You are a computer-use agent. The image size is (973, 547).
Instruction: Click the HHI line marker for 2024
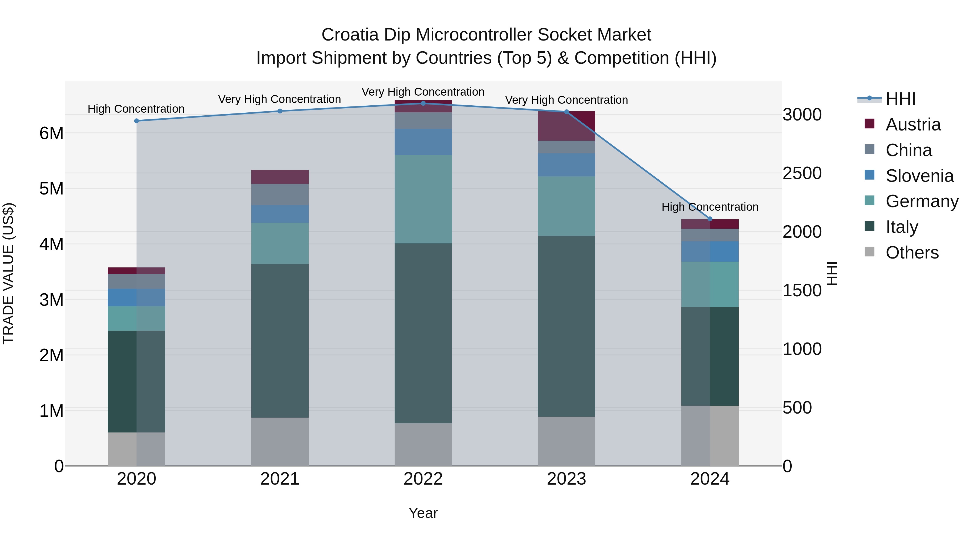coord(710,219)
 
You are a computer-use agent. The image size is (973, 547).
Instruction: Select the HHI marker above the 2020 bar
coord(137,121)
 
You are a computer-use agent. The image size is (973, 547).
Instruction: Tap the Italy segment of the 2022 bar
coord(423,333)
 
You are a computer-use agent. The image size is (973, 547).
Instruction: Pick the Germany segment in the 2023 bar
coord(566,206)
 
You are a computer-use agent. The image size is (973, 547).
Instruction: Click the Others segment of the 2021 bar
coord(280,441)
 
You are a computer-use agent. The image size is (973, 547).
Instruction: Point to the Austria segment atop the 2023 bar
coord(566,126)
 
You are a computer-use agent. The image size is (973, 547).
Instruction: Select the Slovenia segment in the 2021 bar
coord(280,214)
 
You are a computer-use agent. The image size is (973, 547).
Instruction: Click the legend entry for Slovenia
coord(919,176)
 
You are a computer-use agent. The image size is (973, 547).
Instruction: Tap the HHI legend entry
coord(901,99)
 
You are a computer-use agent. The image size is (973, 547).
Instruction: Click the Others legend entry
coord(912,253)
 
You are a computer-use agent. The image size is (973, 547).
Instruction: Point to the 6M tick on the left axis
coord(52,133)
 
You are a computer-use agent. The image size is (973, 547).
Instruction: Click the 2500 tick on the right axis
coord(802,173)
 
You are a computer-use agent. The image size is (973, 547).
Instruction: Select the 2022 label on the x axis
coord(423,479)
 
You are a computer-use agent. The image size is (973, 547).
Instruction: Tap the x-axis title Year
coord(423,513)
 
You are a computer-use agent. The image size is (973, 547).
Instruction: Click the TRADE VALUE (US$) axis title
coord(8,273)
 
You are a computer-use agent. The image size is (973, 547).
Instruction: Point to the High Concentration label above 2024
coord(710,207)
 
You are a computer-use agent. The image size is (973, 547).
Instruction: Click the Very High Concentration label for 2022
coord(423,92)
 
